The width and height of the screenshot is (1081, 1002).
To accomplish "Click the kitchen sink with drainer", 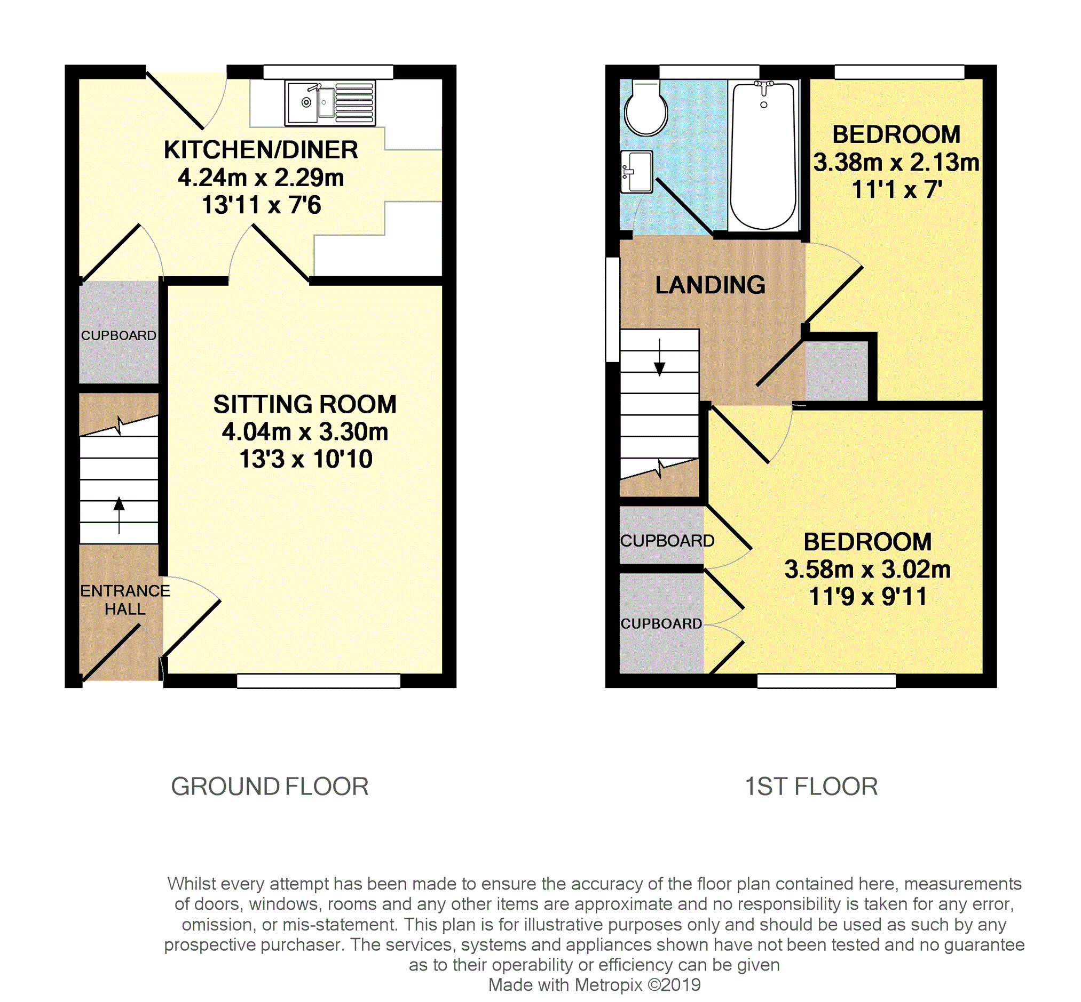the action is (x=330, y=103).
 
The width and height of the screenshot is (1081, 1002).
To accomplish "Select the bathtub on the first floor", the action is (x=763, y=156).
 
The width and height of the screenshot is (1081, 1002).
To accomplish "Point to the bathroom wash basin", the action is (x=636, y=171).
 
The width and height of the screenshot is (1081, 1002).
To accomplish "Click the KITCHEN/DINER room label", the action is (x=261, y=150).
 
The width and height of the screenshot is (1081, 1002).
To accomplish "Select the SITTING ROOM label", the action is (x=305, y=405).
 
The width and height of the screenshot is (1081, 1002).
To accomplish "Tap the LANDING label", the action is (x=711, y=285).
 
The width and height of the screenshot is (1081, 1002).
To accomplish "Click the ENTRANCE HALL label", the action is (x=125, y=600).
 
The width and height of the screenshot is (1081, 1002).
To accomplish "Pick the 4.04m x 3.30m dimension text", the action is (x=305, y=432).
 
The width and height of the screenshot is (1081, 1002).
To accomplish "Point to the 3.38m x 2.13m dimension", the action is (x=896, y=163).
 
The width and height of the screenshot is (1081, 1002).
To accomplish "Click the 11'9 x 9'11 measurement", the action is (x=867, y=597).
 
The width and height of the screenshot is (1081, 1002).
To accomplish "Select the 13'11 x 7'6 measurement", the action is (x=262, y=205).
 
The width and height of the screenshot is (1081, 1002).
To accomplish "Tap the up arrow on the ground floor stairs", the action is (x=119, y=515).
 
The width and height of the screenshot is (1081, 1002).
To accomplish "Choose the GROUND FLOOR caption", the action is (x=270, y=787).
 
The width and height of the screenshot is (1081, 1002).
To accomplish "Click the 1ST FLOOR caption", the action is (x=811, y=787).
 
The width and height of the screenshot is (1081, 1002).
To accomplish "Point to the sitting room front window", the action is (x=319, y=681).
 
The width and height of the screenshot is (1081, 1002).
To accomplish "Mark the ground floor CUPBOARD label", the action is (x=119, y=335).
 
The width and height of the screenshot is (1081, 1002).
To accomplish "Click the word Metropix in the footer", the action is (x=609, y=984).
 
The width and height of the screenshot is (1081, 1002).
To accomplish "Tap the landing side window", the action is (x=612, y=309).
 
